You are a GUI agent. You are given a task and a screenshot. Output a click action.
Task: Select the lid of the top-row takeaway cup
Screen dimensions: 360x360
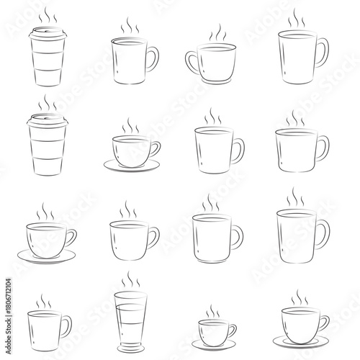46,32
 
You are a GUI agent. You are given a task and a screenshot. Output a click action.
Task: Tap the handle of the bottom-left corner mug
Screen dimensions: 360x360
66,328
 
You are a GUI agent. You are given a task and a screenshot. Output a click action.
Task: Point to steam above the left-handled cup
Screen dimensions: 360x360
214,35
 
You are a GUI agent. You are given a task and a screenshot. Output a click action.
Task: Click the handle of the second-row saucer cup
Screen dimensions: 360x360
156,150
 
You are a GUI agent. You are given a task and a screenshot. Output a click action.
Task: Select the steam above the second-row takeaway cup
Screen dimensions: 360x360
46,104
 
